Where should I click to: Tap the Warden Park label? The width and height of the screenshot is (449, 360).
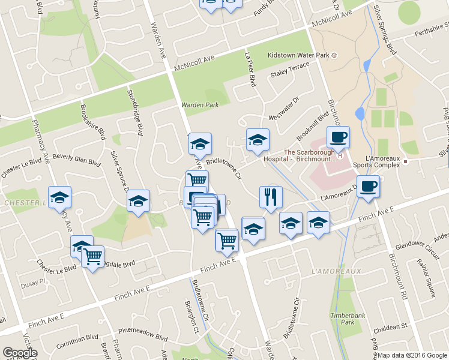[200, 106]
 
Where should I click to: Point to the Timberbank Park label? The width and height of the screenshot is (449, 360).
[343, 318]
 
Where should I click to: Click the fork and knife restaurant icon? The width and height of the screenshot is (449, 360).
[271, 196]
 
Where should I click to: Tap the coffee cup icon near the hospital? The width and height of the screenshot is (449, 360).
[338, 137]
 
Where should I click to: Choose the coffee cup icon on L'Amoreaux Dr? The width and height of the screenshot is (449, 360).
[368, 185]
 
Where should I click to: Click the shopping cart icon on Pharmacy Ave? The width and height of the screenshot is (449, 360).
[92, 256]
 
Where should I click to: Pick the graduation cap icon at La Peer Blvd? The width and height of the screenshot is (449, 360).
[258, 139]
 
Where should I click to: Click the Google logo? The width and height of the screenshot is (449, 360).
[19, 353]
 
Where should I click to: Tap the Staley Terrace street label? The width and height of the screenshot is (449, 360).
[289, 73]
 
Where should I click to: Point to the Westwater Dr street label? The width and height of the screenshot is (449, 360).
[283, 108]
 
